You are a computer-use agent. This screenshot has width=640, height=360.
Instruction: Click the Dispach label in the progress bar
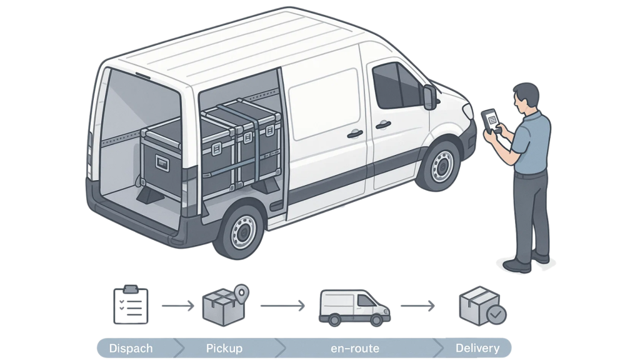[x=131, y=348]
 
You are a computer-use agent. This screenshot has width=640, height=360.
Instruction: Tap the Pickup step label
[x=224, y=348]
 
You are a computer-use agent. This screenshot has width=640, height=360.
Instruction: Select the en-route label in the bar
[x=355, y=348]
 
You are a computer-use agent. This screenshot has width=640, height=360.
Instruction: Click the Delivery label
[x=477, y=348]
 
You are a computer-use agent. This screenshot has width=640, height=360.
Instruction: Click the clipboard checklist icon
[x=131, y=305]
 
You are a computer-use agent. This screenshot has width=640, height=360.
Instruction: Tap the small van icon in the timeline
[x=354, y=307]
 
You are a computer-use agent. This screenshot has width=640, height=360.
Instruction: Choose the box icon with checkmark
[x=482, y=306]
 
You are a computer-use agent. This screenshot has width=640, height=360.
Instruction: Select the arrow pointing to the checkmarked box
[x=417, y=306]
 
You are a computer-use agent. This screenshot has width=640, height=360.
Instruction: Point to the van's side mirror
[x=429, y=97]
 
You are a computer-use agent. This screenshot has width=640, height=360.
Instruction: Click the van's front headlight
[x=467, y=111]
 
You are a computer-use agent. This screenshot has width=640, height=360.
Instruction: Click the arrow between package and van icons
[x=282, y=306]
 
